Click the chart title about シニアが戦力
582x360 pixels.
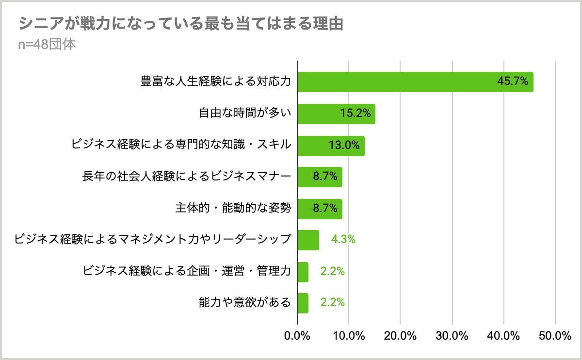(x=181, y=23)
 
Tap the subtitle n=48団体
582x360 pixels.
(x=47, y=44)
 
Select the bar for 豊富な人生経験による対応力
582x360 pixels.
(x=416, y=82)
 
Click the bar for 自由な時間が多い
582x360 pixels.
(x=337, y=114)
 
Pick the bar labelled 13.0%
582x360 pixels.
(x=331, y=146)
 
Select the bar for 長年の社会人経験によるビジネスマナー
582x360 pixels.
(x=320, y=177)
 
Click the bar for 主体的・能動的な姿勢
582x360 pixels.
(x=320, y=209)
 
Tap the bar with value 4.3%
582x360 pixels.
(x=308, y=240)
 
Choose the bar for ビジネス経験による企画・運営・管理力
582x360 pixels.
(x=303, y=272)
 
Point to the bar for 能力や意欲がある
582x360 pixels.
(x=303, y=303)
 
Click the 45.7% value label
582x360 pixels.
(x=513, y=81)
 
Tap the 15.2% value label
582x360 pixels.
(x=356, y=113)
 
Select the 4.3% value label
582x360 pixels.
(x=343, y=239)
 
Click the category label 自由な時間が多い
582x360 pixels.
(x=245, y=113)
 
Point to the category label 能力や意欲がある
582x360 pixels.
(x=245, y=302)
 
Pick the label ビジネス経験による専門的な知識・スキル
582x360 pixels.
(x=181, y=144)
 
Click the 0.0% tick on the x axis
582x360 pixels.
(x=297, y=336)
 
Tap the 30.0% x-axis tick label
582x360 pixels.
(x=452, y=336)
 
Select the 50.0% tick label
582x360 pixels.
(x=555, y=336)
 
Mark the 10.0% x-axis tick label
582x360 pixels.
(x=349, y=336)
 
